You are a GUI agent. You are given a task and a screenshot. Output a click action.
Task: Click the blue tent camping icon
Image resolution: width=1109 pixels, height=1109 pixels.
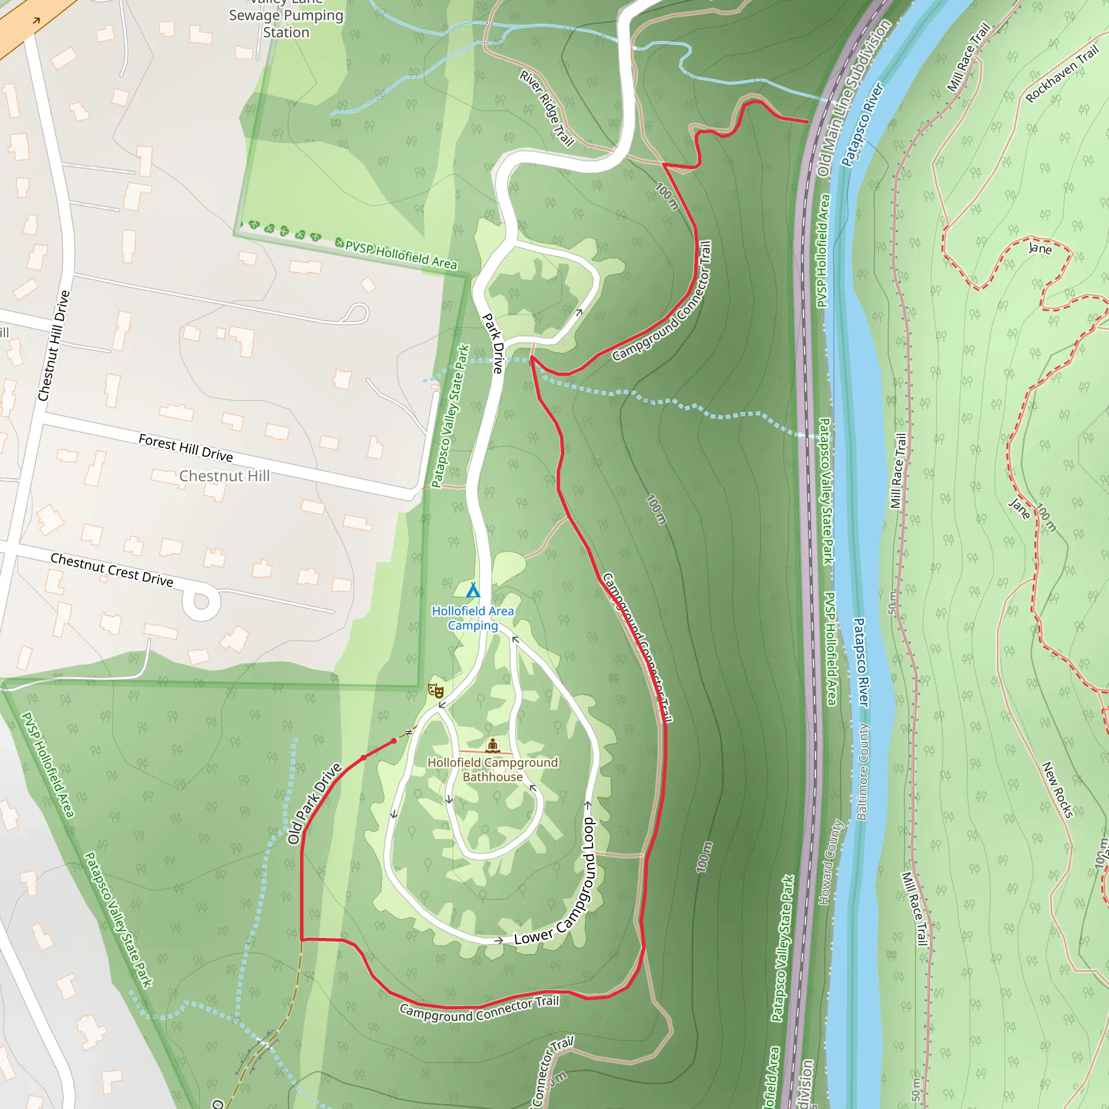click(x=472, y=590)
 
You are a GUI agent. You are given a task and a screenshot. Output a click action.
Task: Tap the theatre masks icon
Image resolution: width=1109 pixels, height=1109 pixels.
click(x=436, y=690)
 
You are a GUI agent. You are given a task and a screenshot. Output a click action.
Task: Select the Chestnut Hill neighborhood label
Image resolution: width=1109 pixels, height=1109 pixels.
click(x=224, y=476)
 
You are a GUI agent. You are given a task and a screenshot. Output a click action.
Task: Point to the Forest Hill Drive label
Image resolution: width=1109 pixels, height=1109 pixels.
click(x=185, y=448)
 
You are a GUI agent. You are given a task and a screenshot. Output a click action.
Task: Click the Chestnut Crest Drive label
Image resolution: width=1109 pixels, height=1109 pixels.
click(x=112, y=570)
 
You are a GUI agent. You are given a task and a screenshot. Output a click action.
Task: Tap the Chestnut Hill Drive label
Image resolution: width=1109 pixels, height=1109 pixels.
click(x=54, y=345)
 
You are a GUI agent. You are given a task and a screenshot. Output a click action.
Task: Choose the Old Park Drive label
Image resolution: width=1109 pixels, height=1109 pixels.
click(x=314, y=804)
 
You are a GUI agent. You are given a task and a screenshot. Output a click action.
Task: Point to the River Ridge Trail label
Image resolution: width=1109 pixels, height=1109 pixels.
click(x=546, y=108)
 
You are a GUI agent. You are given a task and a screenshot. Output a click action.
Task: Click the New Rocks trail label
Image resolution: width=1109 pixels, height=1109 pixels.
click(x=1058, y=790)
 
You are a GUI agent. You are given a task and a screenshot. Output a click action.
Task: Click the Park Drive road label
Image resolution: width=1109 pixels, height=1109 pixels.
click(x=493, y=343)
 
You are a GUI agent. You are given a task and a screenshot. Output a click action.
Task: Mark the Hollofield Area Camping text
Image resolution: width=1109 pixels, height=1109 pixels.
click(x=472, y=618)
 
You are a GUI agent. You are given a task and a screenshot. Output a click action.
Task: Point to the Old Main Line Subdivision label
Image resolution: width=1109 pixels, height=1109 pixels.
click(x=853, y=97)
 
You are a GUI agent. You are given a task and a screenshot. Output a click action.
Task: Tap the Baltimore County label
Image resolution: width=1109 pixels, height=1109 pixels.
click(x=863, y=771)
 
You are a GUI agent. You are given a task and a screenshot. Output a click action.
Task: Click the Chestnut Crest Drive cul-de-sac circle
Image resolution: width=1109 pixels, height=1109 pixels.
click(x=201, y=602)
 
